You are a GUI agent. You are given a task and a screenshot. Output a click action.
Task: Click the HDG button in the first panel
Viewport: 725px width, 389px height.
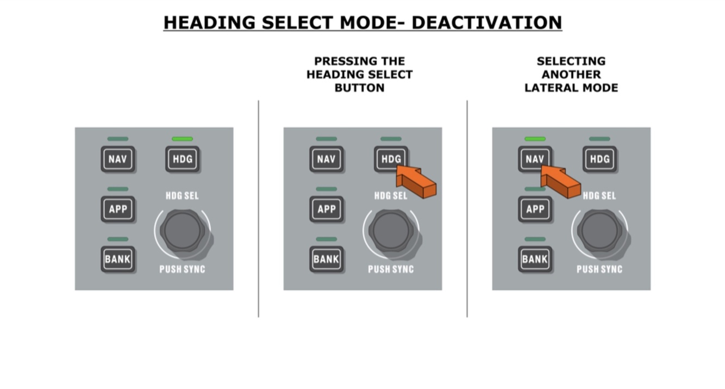(x=183, y=159)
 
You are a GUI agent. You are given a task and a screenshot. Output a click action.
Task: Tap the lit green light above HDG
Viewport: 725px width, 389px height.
(x=183, y=139)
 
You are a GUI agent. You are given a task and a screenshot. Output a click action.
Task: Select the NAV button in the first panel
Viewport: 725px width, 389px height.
(x=118, y=159)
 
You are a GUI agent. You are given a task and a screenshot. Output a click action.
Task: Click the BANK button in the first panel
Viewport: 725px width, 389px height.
(x=118, y=259)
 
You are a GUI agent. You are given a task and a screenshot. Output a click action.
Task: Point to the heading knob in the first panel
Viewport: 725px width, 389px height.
(x=182, y=231)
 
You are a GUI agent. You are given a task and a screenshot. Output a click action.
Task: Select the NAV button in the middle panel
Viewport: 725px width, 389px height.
(x=326, y=159)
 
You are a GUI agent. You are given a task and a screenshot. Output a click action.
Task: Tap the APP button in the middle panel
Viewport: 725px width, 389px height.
(x=326, y=209)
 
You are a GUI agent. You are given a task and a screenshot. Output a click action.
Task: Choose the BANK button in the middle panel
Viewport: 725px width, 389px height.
(x=326, y=259)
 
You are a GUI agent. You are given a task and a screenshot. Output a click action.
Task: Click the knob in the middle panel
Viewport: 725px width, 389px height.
(x=391, y=231)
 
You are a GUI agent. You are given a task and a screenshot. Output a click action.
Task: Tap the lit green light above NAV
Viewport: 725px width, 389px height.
(x=535, y=139)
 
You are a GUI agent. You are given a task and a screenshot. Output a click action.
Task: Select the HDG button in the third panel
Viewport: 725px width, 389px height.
(x=599, y=159)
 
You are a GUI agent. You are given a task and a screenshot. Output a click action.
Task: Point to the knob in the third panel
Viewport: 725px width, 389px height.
(x=599, y=231)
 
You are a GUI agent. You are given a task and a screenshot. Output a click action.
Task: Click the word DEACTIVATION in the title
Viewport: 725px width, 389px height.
(x=486, y=23)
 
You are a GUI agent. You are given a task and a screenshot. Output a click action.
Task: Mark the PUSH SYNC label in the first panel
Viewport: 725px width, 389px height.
(x=182, y=269)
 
